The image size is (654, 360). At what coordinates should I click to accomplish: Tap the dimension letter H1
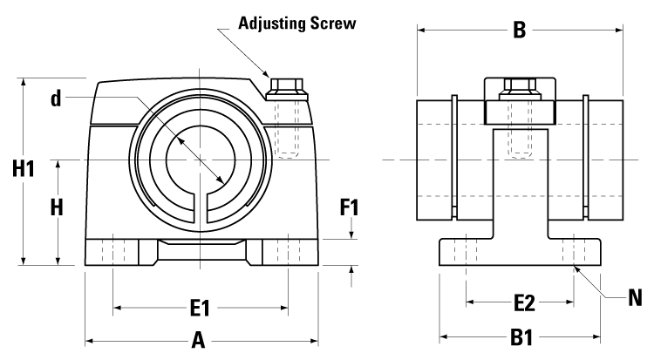[23, 170]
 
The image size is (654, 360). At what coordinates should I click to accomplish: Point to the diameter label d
[57, 99]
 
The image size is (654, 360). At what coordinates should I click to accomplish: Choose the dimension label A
[198, 341]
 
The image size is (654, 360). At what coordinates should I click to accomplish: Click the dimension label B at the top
[519, 31]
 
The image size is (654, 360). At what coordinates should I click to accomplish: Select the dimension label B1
[521, 336]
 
